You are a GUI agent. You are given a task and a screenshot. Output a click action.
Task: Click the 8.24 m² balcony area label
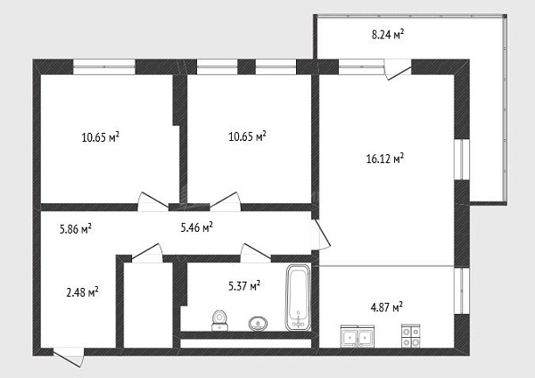388,35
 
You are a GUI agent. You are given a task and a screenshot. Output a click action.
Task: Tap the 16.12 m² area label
385,159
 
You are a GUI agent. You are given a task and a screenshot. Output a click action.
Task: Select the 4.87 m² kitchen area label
387,308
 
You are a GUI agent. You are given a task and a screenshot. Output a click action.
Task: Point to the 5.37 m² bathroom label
244,286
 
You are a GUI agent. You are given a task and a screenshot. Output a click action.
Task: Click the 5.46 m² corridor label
196,227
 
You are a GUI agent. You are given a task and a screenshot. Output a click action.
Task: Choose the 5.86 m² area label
76,229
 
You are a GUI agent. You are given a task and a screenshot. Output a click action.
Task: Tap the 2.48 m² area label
82,292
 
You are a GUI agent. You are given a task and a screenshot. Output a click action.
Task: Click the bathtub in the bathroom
298,298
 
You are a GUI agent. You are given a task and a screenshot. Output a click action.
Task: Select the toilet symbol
219,320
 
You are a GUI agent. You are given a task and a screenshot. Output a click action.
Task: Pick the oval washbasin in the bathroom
258,324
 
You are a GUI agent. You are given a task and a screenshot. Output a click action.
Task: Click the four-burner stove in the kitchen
410,336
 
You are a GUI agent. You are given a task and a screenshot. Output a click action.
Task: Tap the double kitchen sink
358,337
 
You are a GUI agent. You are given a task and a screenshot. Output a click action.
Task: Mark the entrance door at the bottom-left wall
69,357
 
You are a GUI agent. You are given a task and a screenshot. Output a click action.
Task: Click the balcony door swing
398,70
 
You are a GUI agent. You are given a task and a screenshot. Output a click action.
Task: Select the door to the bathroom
255,252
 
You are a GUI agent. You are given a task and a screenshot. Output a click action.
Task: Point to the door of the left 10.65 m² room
152,201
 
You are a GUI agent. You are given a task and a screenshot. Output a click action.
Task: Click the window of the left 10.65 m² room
104,67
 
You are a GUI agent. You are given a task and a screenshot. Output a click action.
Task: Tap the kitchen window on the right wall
462,291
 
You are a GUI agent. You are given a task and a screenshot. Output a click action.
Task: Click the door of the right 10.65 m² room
226,201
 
